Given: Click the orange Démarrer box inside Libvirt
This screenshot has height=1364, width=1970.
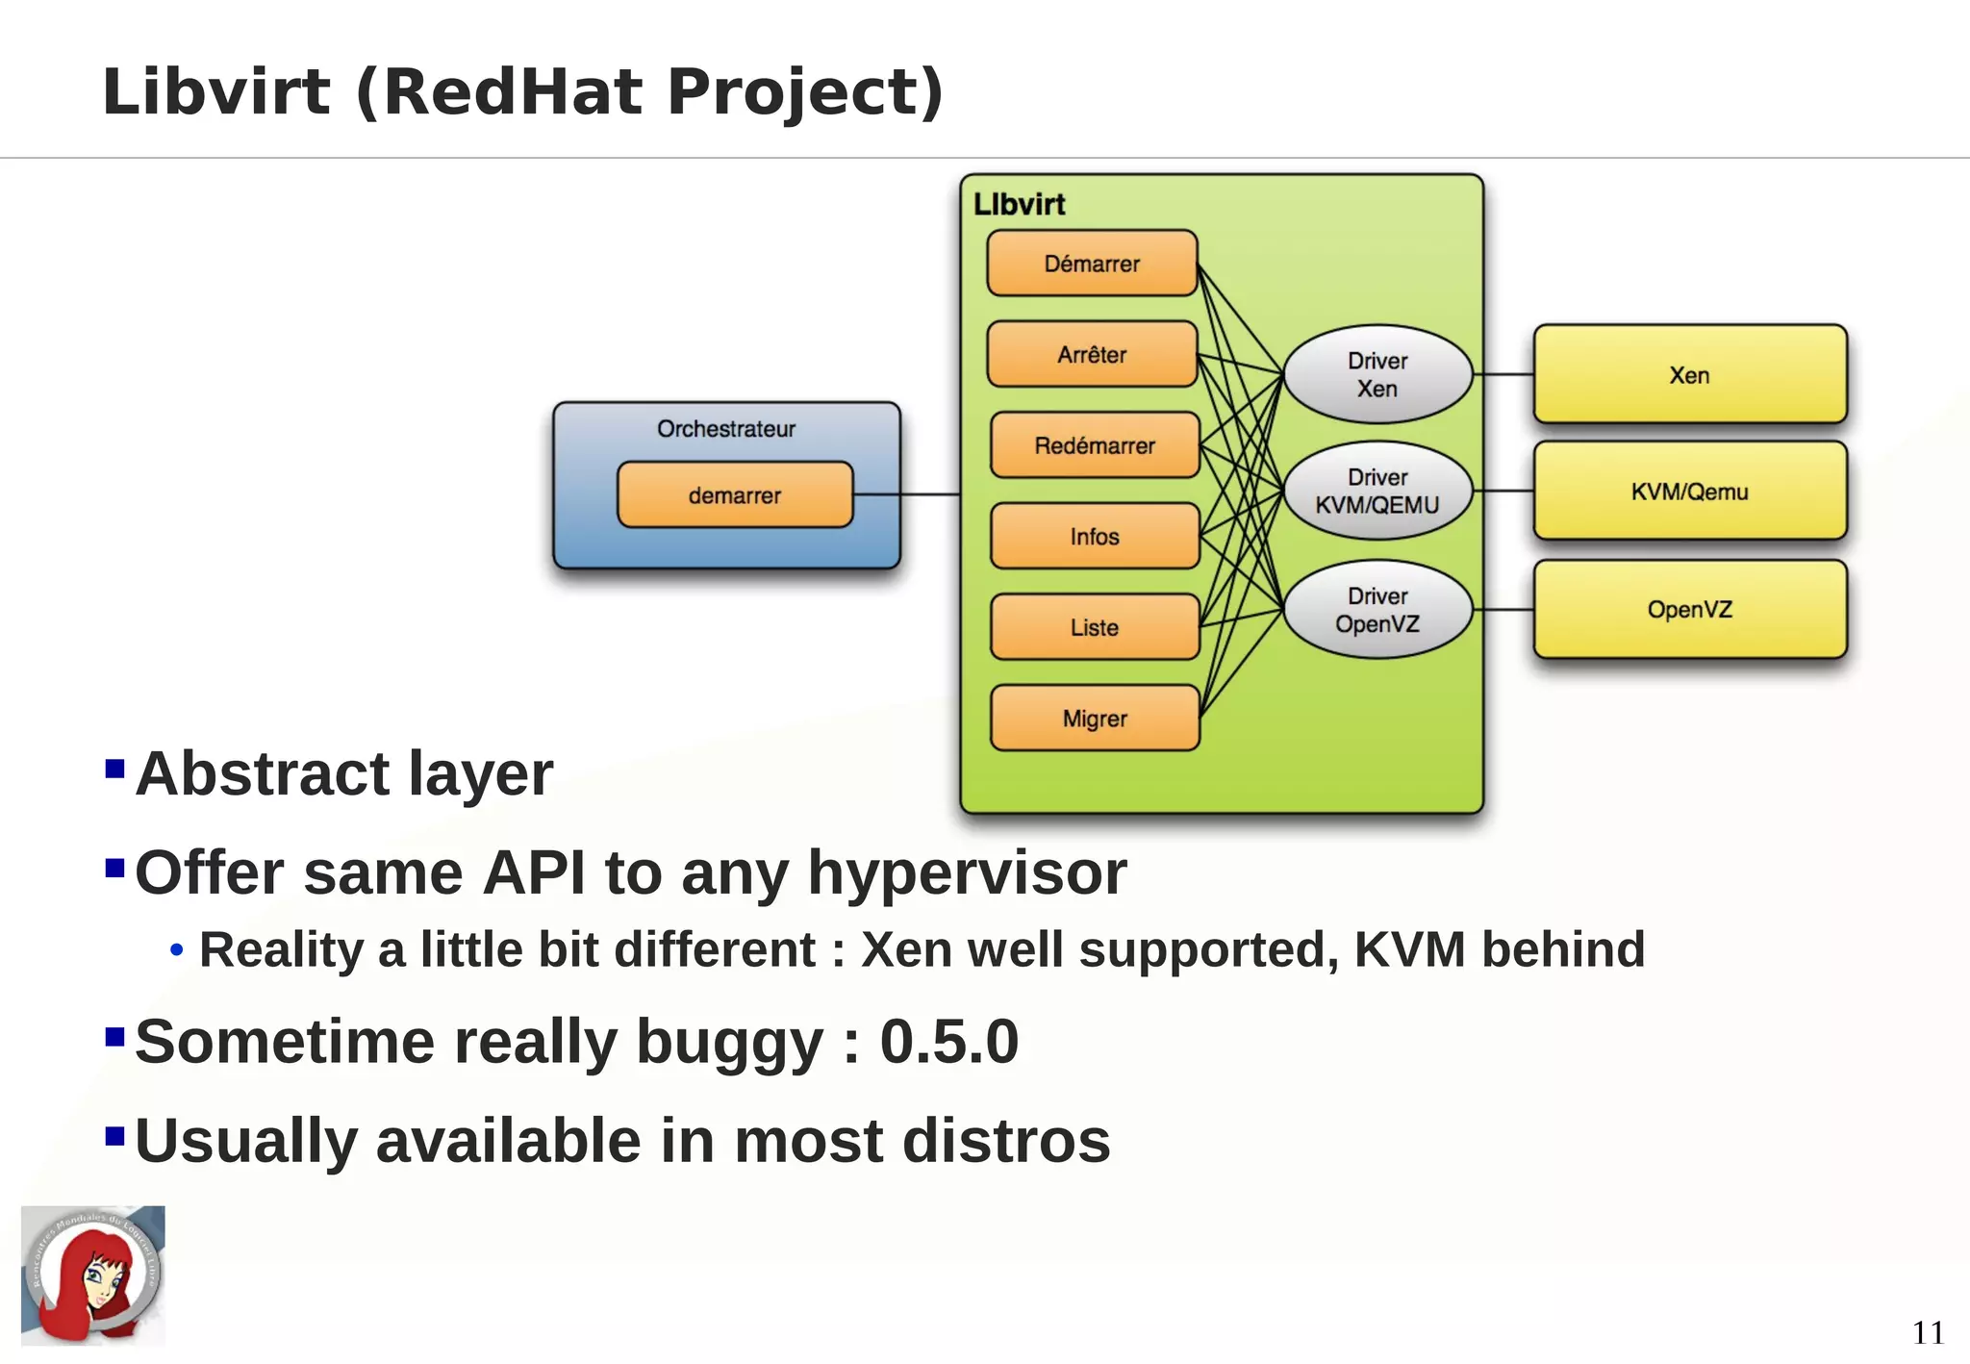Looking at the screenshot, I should pos(1092,263).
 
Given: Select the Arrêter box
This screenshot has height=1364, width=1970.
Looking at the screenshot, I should pos(1092,354).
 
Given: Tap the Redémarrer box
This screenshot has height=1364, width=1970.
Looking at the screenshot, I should pos(1095,445).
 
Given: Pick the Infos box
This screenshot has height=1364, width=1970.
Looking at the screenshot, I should pos(1095,536).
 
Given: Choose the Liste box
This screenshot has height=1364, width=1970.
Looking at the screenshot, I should pos(1095,627).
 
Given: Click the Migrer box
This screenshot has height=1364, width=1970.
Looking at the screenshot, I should pos(1095,719).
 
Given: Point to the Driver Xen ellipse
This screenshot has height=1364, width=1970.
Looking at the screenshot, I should pos(1377,374).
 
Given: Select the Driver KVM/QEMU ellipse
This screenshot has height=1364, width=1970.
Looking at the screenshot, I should pos(1377,491).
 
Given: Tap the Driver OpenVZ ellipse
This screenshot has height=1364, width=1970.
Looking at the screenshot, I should pos(1377,609).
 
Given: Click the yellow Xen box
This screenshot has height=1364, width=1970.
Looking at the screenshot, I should pos(1690,375).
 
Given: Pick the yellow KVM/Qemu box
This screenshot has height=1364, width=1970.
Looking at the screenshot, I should pos(1690,492).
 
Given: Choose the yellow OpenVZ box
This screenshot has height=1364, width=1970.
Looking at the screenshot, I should pos(1690,609).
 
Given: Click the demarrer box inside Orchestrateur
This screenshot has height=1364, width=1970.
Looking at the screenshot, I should pos(735,495).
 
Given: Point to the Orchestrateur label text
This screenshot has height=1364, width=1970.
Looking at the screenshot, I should pos(726,429).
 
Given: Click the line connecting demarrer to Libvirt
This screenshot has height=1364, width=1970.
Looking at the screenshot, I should pos(907,494).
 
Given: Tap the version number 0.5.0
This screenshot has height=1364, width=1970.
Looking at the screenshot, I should pos(948,1042).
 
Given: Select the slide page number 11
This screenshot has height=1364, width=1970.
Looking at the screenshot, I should pos(1928,1332).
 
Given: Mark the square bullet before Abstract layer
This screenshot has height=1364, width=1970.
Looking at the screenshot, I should pos(114,769).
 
